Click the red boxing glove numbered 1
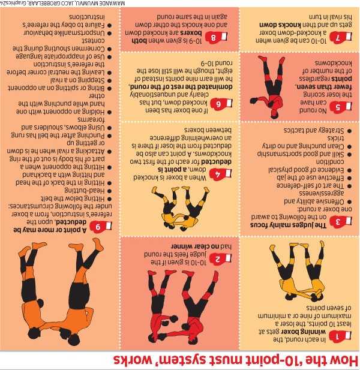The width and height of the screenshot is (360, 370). (x=340, y=336)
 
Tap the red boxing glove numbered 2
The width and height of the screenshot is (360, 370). (x=220, y=258)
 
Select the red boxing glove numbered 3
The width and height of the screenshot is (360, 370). (x=341, y=222)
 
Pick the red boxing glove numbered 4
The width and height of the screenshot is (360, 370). (x=220, y=174)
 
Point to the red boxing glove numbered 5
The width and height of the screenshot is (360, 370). (x=341, y=107)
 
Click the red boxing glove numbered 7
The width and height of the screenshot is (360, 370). (x=341, y=38)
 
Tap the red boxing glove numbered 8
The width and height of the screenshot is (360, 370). (x=216, y=38)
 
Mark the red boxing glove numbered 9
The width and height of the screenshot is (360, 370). (x=101, y=227)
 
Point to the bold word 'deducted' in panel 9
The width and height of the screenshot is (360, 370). (x=71, y=222)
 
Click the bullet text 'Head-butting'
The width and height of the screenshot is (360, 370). (x=84, y=191)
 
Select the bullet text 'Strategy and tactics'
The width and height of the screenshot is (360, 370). (x=314, y=131)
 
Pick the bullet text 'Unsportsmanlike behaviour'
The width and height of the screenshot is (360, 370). (x=64, y=33)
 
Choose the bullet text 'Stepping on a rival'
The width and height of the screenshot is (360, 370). (x=77, y=80)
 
